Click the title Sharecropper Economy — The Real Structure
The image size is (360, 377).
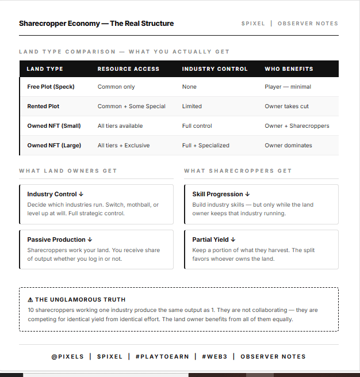pos(96,24)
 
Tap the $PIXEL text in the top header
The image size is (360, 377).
pos(253,24)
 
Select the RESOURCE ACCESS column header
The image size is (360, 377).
pos(128,69)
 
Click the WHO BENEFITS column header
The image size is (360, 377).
pos(289,69)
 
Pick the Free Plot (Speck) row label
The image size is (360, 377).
pos(51,87)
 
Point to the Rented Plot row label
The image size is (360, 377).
pos(43,106)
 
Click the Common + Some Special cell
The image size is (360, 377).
pos(131,106)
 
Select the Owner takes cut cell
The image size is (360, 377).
pos(287,106)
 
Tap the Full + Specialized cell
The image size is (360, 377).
pos(205,146)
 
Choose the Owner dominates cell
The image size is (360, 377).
pos(288,146)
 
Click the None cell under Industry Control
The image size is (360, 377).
pos(189,87)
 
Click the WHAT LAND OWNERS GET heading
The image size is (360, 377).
pos(68,171)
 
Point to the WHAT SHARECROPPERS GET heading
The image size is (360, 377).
pos(238,171)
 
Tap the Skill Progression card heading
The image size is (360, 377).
pos(221,195)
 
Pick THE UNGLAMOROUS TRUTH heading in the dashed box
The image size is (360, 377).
pos(76,300)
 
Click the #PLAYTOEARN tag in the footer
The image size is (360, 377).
pos(162,357)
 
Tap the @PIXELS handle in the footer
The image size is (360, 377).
pos(67,357)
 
